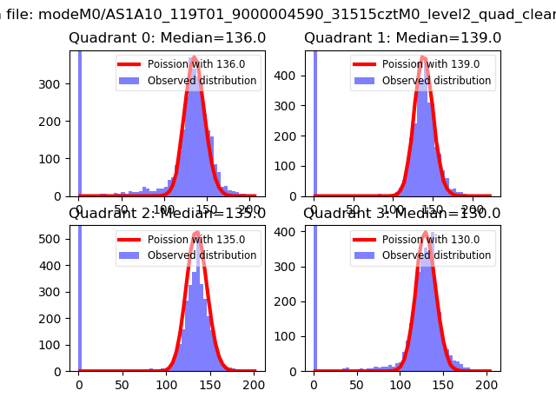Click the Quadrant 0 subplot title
(x=167, y=38)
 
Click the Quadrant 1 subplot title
(x=402, y=38)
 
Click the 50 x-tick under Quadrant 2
(x=122, y=384)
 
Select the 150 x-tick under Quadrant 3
(x=443, y=384)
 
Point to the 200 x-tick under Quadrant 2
(x=253, y=384)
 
